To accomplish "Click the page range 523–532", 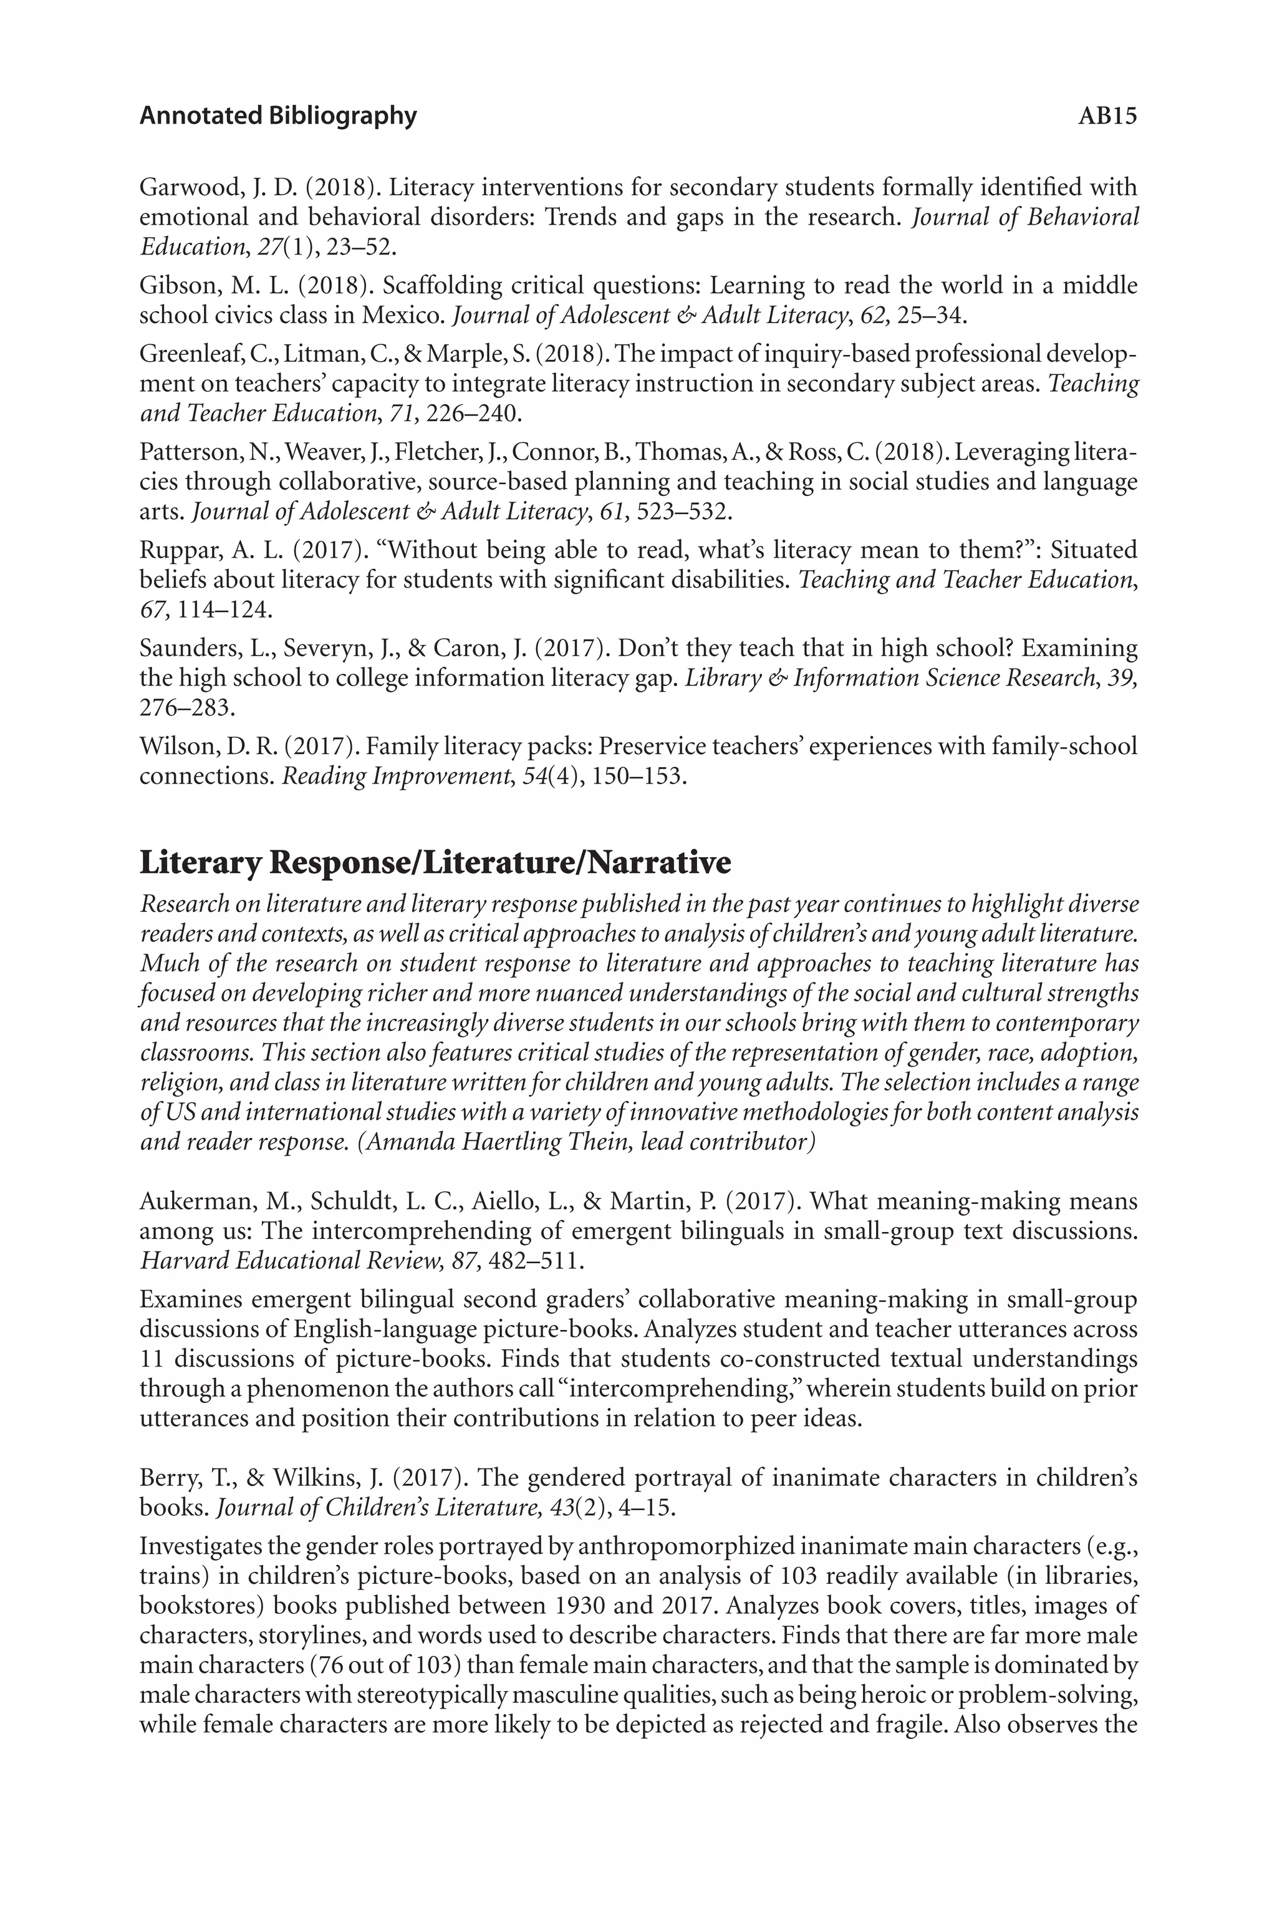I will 683,512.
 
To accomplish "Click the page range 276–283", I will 186,707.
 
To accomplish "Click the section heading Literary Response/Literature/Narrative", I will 435,863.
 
